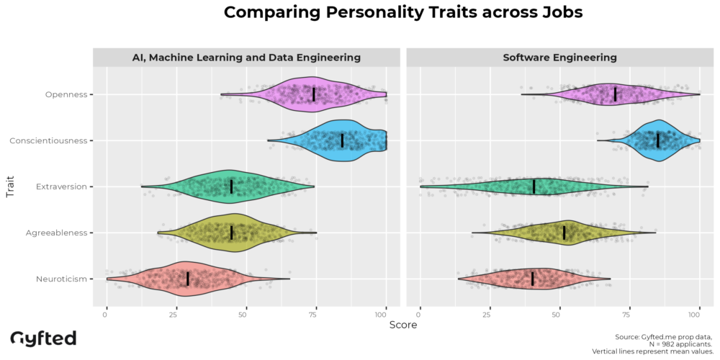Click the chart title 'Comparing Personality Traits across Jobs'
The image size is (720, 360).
click(402, 12)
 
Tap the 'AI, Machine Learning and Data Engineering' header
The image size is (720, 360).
click(246, 57)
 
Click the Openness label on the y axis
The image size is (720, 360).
click(66, 94)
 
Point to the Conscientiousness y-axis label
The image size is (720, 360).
click(48, 140)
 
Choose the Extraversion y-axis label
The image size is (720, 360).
click(61, 186)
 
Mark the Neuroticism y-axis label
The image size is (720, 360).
click(62, 279)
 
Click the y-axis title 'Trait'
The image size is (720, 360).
click(10, 186)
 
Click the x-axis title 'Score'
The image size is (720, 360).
click(402, 325)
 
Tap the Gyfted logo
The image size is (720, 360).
click(43, 338)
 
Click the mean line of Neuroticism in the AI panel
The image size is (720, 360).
click(188, 279)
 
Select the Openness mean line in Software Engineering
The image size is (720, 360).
click(615, 94)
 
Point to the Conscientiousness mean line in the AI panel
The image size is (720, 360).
click(342, 140)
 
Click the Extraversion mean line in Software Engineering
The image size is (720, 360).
click(534, 186)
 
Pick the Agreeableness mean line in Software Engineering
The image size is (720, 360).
click(564, 233)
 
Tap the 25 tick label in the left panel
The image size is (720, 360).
click(176, 315)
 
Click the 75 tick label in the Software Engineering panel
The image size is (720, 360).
click(629, 315)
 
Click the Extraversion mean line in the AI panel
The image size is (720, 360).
click(231, 186)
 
